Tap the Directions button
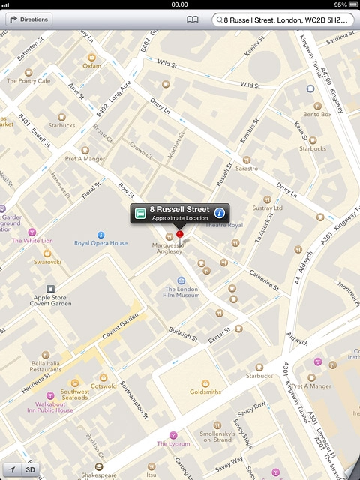tap(29, 19)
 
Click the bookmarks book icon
tap(193, 20)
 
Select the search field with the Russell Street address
tap(285, 20)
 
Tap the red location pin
tap(179, 235)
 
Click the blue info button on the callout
tap(220, 212)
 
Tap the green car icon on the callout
tap(140, 213)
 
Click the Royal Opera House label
tap(100, 243)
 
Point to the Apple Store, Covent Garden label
tap(51, 300)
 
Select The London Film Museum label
tap(181, 292)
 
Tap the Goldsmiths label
tap(205, 391)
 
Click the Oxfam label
tap(91, 65)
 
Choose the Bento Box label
tap(317, 114)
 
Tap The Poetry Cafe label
tap(28, 80)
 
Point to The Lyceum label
tap(173, 443)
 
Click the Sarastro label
tap(247, 168)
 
